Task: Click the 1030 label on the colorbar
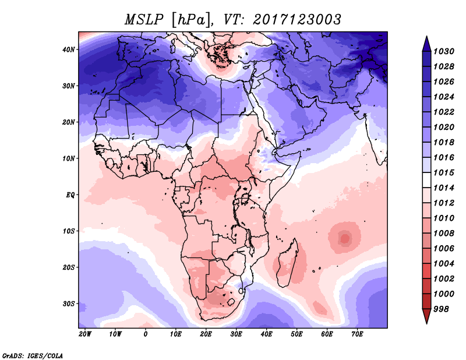[444, 52]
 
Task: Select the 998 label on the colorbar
[441, 309]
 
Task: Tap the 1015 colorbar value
[444, 172]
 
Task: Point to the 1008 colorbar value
[444, 234]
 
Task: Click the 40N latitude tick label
[69, 50]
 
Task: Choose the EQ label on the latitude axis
[70, 195]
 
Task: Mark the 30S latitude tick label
[69, 304]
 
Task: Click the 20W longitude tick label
[85, 334]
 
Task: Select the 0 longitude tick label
[145, 334]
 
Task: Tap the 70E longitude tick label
[357, 334]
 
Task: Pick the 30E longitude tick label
[236, 334]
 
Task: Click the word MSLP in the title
[144, 20]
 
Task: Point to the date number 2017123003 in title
[297, 20]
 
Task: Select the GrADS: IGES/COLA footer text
[33, 356]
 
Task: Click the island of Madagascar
[288, 263]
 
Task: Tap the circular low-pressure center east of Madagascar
[345, 238]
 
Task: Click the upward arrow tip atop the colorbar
[426, 37]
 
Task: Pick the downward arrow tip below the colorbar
[426, 323]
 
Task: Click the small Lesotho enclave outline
[231, 303]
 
